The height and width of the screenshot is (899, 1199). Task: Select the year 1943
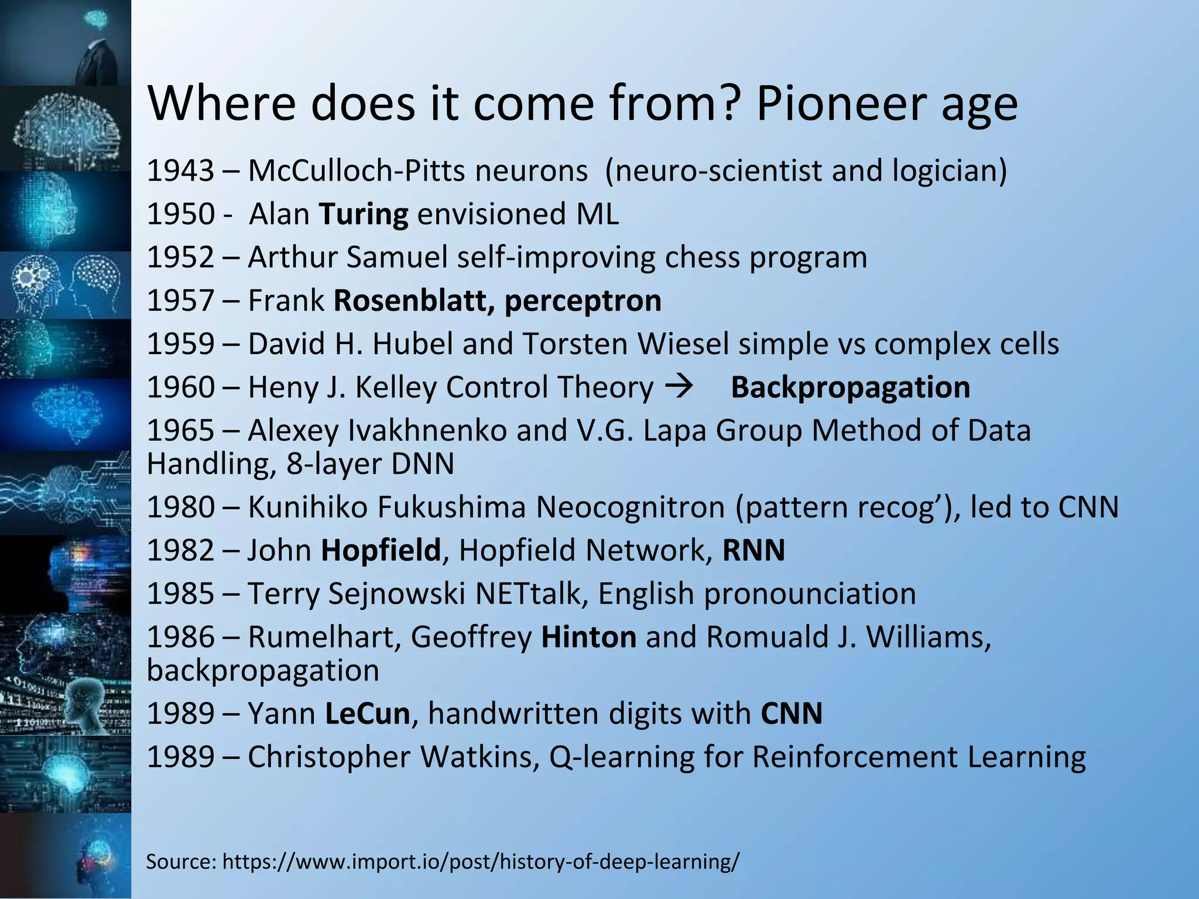[180, 171]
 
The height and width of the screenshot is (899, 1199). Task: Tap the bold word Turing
[363, 214]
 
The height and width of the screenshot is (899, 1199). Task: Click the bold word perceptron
[583, 301]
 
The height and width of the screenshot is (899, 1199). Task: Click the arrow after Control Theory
[679, 386]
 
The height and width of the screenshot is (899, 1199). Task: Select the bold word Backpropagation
[850, 387]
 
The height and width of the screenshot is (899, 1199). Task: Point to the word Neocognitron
[631, 507]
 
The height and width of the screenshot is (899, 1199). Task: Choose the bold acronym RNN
[753, 550]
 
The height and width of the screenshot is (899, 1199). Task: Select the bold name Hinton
[588, 637]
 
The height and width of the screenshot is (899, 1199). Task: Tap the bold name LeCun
[367, 713]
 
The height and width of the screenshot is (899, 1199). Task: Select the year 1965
[180, 431]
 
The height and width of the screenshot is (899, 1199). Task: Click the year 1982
[180, 550]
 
